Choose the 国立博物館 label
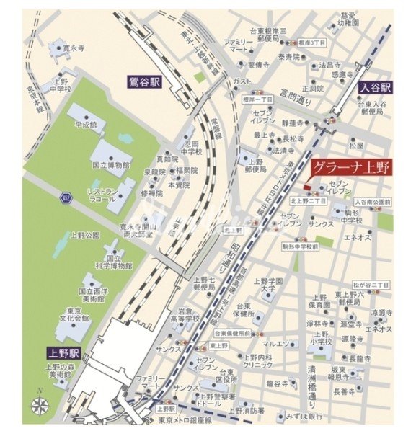click(111, 165)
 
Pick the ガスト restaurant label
click(242, 82)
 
